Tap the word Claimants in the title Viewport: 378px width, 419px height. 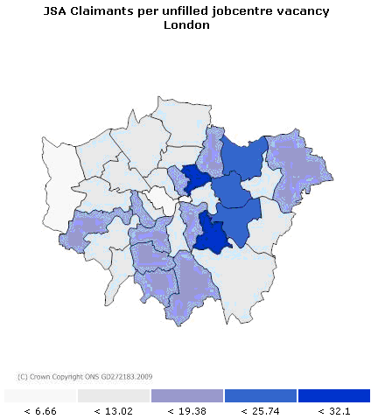pos(103,10)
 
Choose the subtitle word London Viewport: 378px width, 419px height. pos(187,24)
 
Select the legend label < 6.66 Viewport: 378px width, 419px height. pos(40,410)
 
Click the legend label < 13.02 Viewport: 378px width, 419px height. pos(114,410)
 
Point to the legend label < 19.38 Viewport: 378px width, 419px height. pos(187,410)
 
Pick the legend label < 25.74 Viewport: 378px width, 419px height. pos(261,410)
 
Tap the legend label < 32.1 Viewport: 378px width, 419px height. pos(334,410)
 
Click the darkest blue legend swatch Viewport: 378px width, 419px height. pos(334,395)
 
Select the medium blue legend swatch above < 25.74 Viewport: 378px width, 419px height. pos(261,395)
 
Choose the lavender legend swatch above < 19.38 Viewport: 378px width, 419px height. pos(187,395)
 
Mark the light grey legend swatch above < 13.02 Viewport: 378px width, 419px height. pos(114,395)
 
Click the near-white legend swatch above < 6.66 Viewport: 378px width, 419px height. pos(40,395)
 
